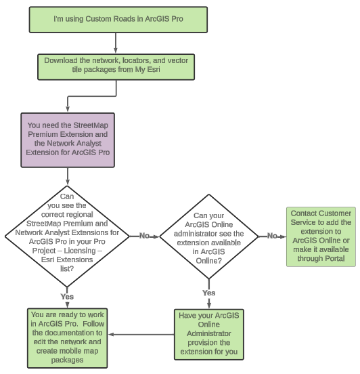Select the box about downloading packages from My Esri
116,65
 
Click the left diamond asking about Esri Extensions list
67,235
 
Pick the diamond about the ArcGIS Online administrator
209,236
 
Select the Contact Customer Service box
320,236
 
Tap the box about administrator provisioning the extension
210,333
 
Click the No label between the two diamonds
144,236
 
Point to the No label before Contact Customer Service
271,236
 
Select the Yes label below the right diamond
209,293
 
